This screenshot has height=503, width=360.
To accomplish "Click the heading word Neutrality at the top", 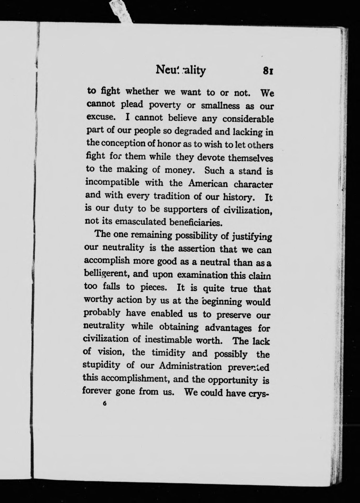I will click(181, 70).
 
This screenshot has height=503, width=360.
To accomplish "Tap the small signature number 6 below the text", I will click(105, 404).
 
